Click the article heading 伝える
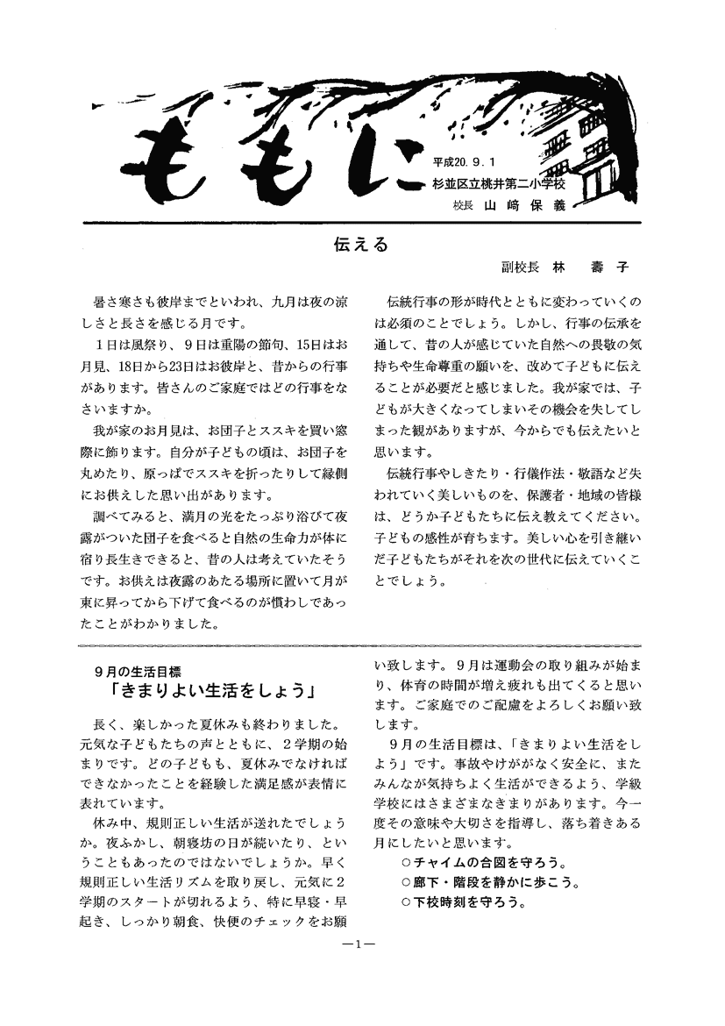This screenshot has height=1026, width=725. [x=360, y=245]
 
